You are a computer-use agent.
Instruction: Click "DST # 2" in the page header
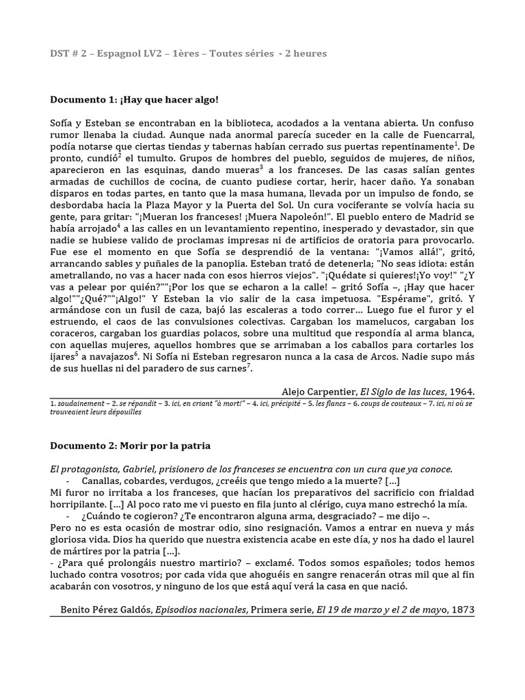click(70, 53)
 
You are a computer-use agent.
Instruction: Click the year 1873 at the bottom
click(461, 608)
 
